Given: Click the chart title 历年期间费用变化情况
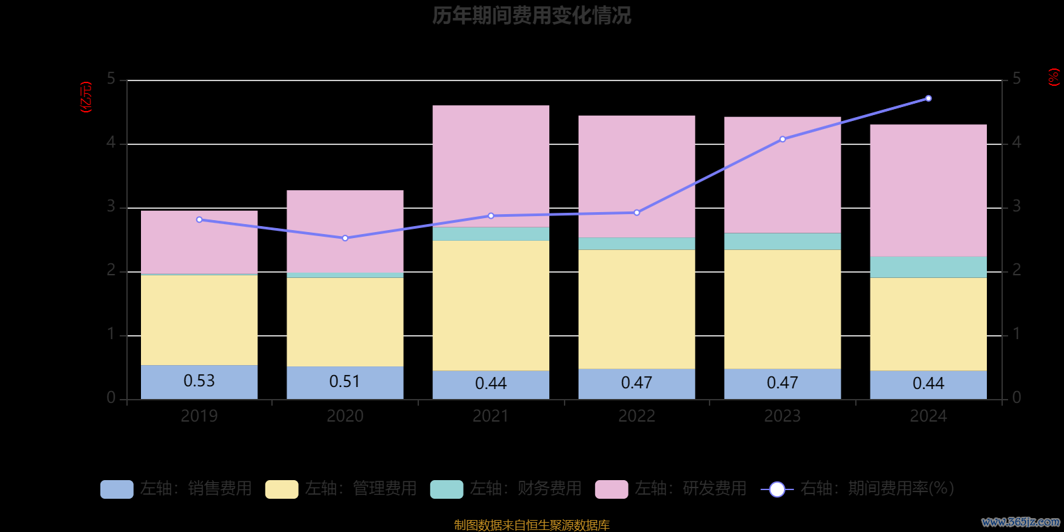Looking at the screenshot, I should tap(531, 15).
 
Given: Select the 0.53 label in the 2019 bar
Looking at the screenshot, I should tap(199, 381).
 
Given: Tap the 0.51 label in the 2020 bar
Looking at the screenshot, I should tap(344, 382).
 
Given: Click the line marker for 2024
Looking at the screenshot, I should tap(928, 98).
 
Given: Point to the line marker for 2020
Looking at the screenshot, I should tap(344, 238).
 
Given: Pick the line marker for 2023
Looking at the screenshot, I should tap(783, 139).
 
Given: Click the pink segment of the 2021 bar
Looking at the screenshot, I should tap(491, 166).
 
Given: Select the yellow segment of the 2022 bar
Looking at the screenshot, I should tap(636, 309).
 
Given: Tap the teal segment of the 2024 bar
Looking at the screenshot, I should tap(928, 267).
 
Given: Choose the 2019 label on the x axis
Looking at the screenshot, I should tap(199, 416).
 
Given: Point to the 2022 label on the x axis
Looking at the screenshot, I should tap(636, 416).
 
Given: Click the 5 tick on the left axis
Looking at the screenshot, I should tap(111, 79).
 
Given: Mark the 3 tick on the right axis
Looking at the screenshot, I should tap(1016, 207).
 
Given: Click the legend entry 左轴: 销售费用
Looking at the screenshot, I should tap(176, 489).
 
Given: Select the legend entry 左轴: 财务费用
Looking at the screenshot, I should tap(506, 489).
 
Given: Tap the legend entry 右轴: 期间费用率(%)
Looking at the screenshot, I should tap(858, 489).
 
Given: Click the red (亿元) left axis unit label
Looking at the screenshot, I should tap(86, 97).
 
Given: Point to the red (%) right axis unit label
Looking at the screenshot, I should tap(1053, 77).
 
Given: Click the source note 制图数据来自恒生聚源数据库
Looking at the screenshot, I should tap(531, 525).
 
